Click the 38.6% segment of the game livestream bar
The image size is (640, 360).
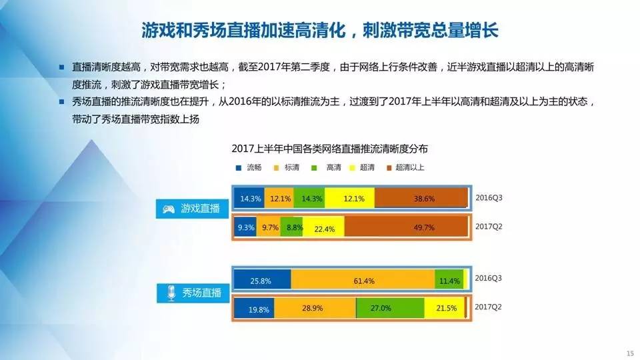[421, 198]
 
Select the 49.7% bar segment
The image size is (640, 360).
[406, 226]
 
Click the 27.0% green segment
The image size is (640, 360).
[390, 308]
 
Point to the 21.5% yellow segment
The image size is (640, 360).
[445, 308]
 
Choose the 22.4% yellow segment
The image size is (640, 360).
[324, 226]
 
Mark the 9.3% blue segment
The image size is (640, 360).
[245, 226]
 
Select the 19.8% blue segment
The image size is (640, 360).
[254, 308]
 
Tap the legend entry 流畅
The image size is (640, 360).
[249, 167]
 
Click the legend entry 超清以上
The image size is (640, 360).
[405, 167]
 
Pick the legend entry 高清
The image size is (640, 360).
[326, 167]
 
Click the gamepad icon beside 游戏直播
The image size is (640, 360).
[169, 209]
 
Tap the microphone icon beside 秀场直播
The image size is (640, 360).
[171, 293]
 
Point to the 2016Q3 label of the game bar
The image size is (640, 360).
[489, 198]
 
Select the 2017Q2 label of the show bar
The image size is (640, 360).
[488, 307]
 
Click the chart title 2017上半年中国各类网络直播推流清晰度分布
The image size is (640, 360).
[329, 149]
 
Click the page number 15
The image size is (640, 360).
[630, 353]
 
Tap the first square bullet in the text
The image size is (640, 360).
[61, 67]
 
